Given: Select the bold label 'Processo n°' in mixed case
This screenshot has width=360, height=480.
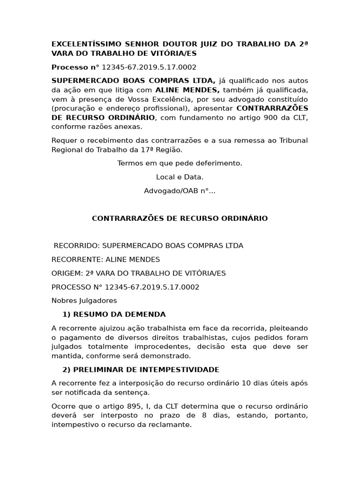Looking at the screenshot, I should click(x=75, y=67).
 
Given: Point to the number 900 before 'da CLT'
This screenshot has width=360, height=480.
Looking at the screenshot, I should click(x=271, y=117).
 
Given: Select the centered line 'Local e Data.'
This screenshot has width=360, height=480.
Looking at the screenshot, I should click(x=180, y=177).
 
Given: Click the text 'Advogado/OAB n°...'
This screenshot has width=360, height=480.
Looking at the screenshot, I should click(x=180, y=191).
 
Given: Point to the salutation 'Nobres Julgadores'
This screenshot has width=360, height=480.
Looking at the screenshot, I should click(x=84, y=300).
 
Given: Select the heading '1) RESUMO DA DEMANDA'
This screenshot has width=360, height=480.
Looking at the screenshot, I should click(x=114, y=314).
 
